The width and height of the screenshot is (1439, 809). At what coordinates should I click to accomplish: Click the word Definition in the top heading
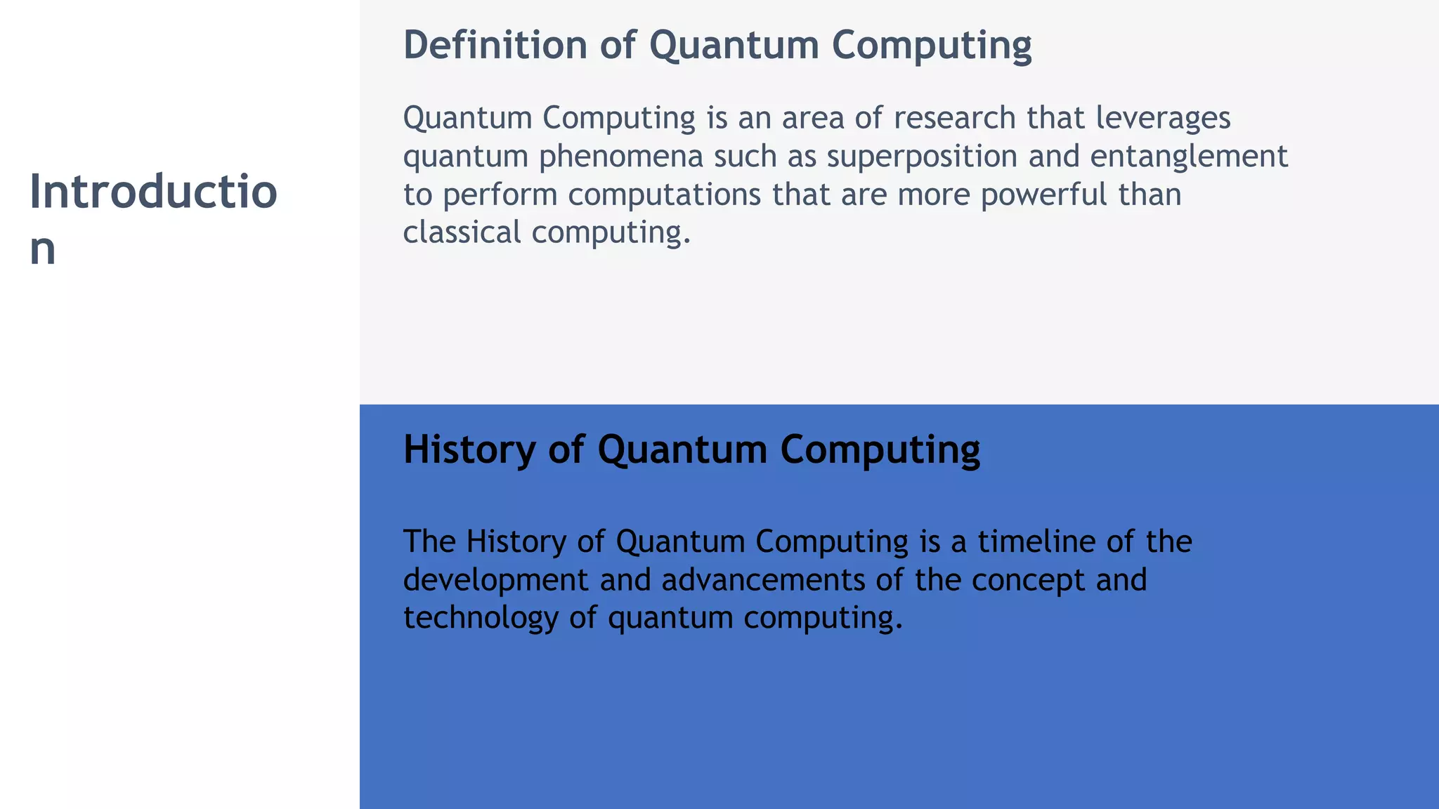(x=495, y=45)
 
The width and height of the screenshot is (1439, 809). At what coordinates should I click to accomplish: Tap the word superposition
(x=922, y=157)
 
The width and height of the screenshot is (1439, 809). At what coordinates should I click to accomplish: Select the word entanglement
(x=1189, y=157)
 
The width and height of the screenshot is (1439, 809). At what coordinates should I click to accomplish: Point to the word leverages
(x=1163, y=118)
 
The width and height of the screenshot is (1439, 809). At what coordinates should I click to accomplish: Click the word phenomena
(x=621, y=157)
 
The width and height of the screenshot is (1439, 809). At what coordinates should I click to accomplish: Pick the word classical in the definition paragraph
(x=462, y=232)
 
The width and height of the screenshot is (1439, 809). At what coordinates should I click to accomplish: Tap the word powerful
(x=1043, y=195)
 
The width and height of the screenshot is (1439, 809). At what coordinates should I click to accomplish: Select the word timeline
(x=1031, y=541)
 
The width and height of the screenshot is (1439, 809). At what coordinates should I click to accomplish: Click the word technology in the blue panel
(x=481, y=618)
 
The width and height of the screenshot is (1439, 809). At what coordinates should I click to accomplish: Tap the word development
(x=496, y=580)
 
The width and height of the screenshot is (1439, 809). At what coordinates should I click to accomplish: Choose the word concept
(x=1028, y=580)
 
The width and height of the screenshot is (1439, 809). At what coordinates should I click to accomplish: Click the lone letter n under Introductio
(x=42, y=249)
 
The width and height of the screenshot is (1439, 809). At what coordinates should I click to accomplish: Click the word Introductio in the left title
(x=153, y=192)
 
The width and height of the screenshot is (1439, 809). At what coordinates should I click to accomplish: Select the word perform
(x=500, y=195)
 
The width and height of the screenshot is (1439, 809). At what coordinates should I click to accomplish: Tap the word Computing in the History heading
(x=880, y=449)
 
